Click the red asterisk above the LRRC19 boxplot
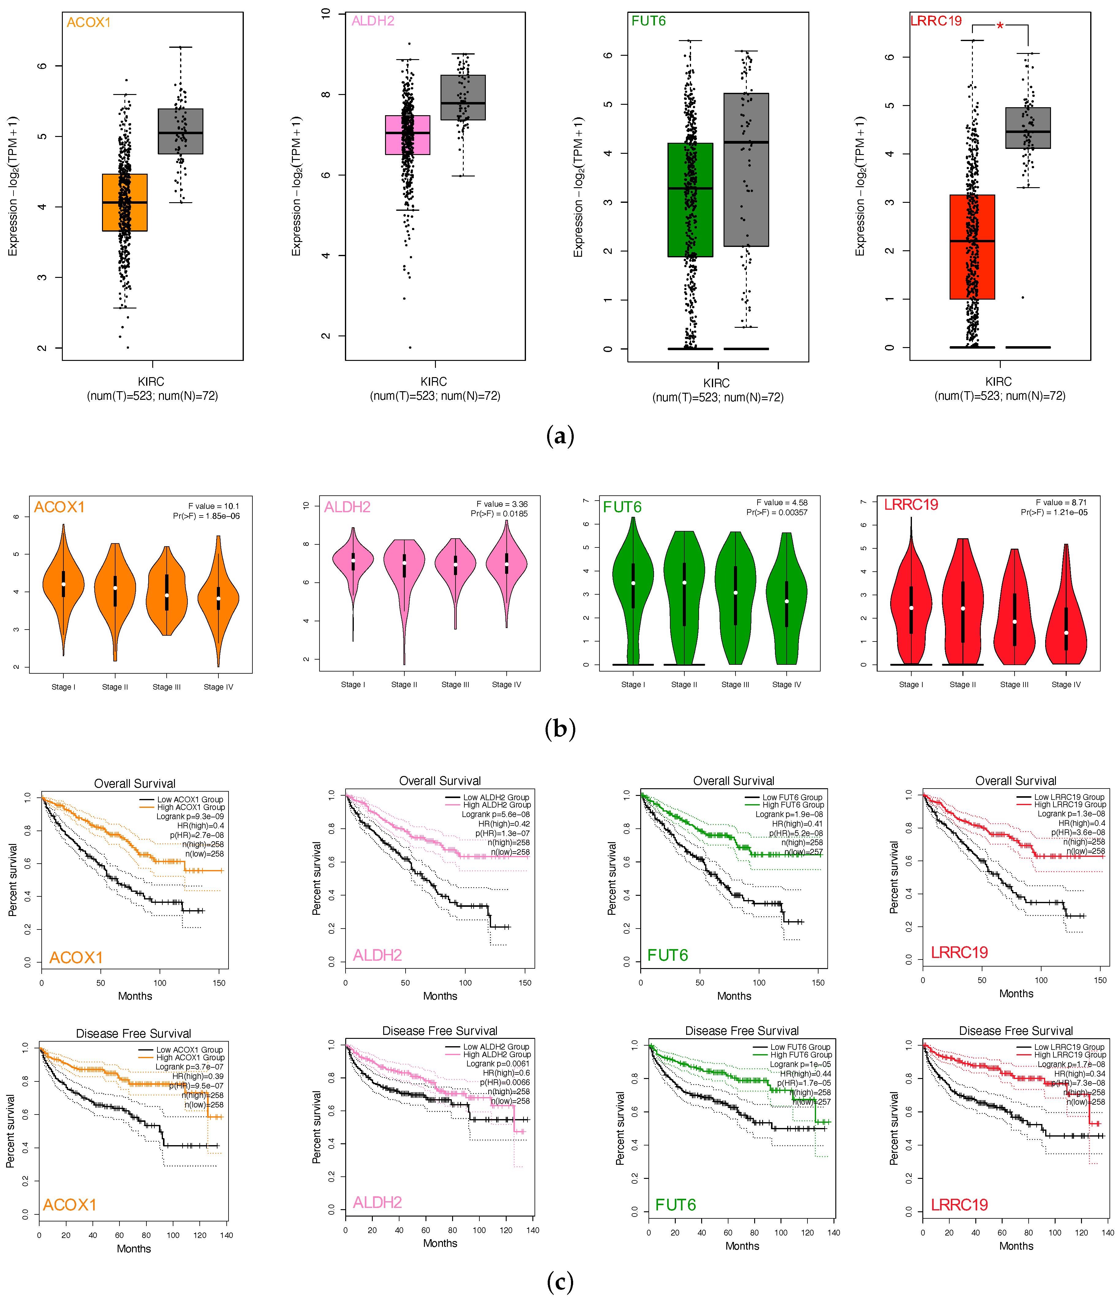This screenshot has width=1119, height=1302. pos(1000,26)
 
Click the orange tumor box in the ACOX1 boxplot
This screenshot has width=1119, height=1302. pos(124,202)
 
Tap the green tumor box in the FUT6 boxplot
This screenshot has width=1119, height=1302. pos(690,200)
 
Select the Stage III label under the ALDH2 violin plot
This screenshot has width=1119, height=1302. pos(455,684)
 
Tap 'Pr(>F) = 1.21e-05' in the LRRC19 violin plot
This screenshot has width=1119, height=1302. pos(1054,512)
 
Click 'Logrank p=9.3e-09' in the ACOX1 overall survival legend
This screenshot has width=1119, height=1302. pos(190,816)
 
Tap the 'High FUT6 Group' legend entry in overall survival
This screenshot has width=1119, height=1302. pos(793,804)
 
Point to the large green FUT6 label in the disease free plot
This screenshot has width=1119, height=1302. pos(675,1205)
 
